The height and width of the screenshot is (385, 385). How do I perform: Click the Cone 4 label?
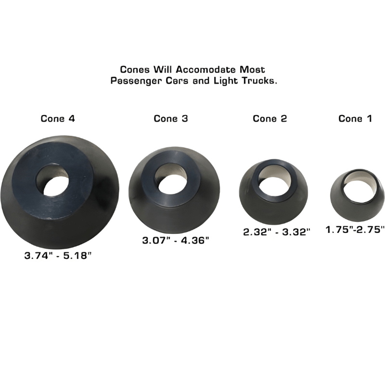(x=58, y=118)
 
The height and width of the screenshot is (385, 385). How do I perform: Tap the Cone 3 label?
(x=171, y=118)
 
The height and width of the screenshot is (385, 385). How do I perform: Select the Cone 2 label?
(x=270, y=118)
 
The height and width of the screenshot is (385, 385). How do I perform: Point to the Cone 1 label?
(x=355, y=118)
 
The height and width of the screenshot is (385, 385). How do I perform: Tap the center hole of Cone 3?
(x=172, y=178)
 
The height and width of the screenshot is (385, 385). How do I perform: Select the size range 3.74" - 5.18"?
(x=58, y=256)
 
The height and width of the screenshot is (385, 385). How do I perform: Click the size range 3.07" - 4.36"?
(x=176, y=240)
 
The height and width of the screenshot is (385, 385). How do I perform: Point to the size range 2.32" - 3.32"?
(x=276, y=231)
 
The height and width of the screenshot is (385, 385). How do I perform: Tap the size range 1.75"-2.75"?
(x=355, y=230)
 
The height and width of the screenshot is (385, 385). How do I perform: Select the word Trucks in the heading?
(x=260, y=81)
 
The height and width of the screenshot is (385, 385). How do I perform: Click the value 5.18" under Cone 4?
(x=77, y=256)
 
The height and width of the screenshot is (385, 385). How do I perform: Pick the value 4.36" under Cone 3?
(x=194, y=240)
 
